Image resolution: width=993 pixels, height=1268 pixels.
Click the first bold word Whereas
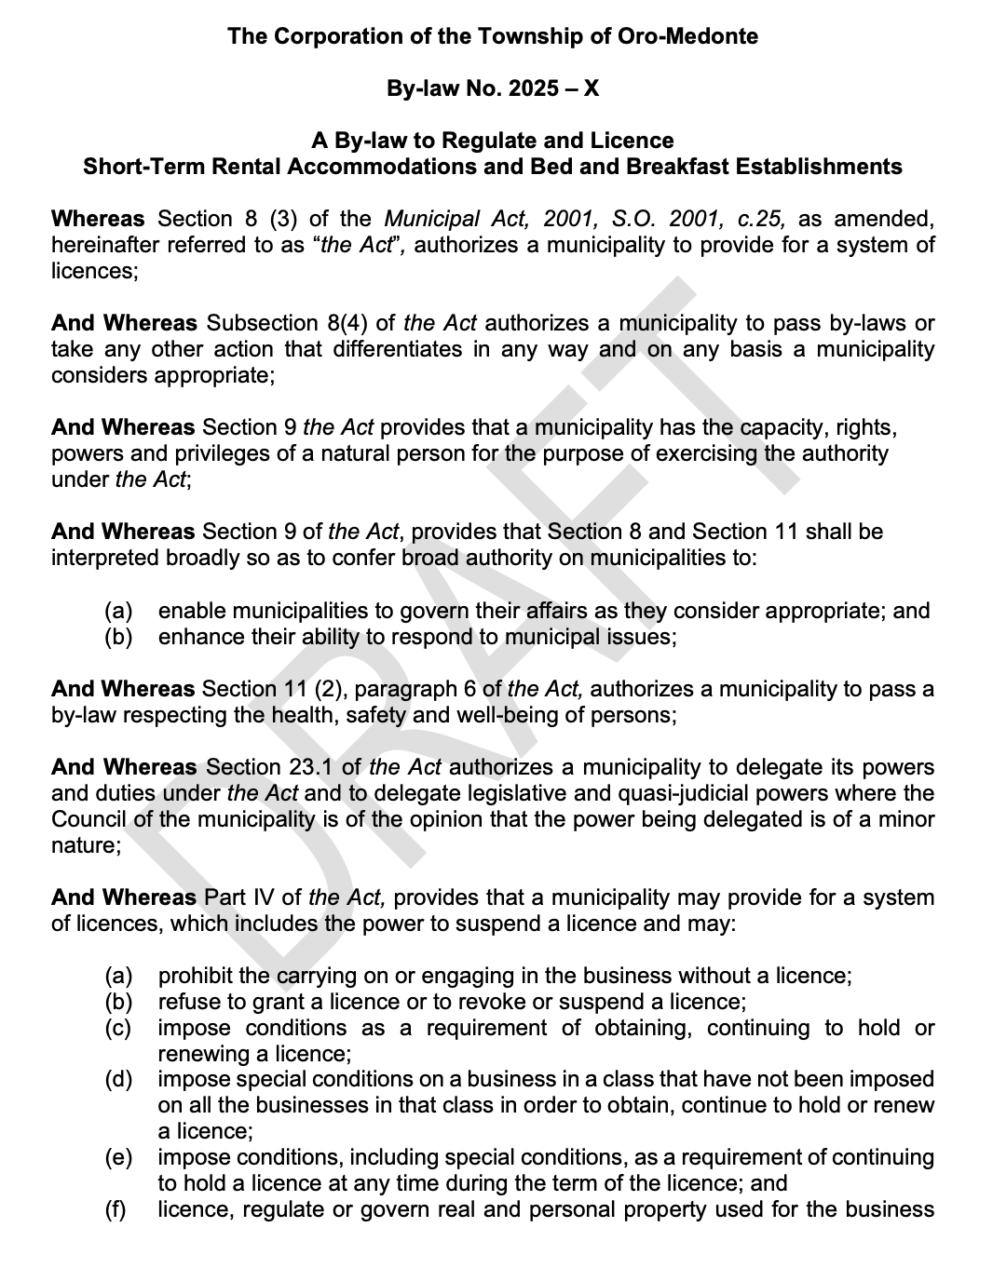click(98, 219)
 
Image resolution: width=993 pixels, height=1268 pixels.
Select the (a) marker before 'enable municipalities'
click(118, 611)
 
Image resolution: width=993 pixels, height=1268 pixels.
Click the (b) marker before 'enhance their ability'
click(118, 637)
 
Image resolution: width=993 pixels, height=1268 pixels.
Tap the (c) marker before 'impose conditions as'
click(118, 1028)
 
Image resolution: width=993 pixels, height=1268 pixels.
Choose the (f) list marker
click(116, 1210)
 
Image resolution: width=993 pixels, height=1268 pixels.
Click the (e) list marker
click(118, 1157)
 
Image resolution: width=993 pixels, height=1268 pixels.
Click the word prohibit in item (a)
click(195, 976)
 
